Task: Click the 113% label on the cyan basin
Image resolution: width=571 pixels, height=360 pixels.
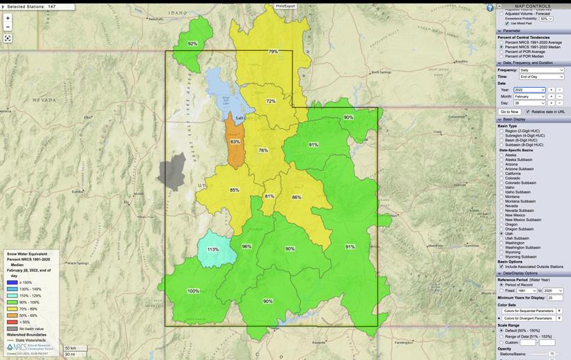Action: pyautogui.click(x=213, y=249)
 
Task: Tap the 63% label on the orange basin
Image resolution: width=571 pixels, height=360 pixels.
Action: pyautogui.click(x=235, y=141)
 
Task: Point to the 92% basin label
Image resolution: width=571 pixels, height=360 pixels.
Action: pyautogui.click(x=192, y=44)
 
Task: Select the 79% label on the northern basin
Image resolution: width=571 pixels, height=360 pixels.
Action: pyautogui.click(x=273, y=52)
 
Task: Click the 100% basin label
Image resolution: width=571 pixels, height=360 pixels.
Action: pyautogui.click(x=193, y=291)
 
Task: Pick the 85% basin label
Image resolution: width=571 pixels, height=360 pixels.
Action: pyautogui.click(x=235, y=190)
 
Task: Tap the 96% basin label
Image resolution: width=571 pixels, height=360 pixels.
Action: pyautogui.click(x=247, y=246)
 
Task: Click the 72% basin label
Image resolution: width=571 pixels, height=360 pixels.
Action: pyautogui.click(x=271, y=101)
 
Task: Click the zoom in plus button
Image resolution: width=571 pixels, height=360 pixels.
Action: pyautogui.click(x=8, y=18)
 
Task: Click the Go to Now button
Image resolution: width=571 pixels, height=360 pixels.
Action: pyautogui.click(x=510, y=111)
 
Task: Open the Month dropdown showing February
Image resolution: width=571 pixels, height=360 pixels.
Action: pyautogui.click(x=529, y=96)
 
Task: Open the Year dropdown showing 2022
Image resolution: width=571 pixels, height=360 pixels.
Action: pyautogui.click(x=529, y=90)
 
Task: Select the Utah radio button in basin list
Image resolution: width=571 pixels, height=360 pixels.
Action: pyautogui.click(x=501, y=233)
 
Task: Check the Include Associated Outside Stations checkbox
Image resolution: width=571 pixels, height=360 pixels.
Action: pyautogui.click(x=501, y=267)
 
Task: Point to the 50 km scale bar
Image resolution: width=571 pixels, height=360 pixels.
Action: pyautogui.click(x=70, y=348)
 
